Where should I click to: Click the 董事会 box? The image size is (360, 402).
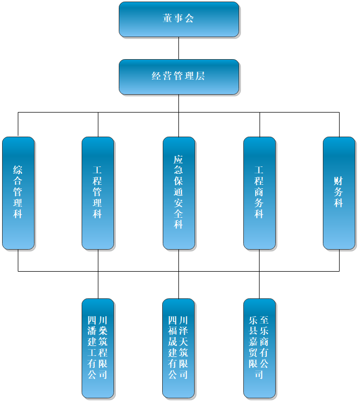[x=178, y=19]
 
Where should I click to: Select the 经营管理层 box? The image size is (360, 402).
[x=178, y=76]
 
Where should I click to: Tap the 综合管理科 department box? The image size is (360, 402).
[x=18, y=193]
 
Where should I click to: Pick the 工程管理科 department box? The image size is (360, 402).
[x=98, y=193]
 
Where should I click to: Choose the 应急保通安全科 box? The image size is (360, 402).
[x=178, y=193]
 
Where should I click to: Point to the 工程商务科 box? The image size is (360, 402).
[x=260, y=193]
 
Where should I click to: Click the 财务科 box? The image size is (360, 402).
[x=339, y=193]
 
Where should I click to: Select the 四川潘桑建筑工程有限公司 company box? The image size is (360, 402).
[x=98, y=348]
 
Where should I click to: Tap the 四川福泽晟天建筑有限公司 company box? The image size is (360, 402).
[x=178, y=348]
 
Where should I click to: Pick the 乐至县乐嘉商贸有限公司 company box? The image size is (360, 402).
[x=260, y=348]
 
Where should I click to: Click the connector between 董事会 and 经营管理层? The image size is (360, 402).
[x=178, y=48]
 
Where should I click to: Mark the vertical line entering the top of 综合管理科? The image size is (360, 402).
[x=18, y=125]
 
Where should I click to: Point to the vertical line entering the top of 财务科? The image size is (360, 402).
[x=339, y=125]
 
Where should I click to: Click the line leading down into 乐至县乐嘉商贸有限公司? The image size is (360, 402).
[x=260, y=285]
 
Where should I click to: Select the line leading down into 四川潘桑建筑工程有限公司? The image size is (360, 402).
[x=98, y=285]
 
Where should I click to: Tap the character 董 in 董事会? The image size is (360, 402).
[x=167, y=19]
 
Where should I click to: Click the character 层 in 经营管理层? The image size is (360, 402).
[x=200, y=76]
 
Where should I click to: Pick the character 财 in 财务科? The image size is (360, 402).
[x=339, y=181]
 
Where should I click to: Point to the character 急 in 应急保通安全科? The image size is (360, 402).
[x=178, y=171]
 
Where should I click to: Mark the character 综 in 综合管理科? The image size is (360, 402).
[x=18, y=170]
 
